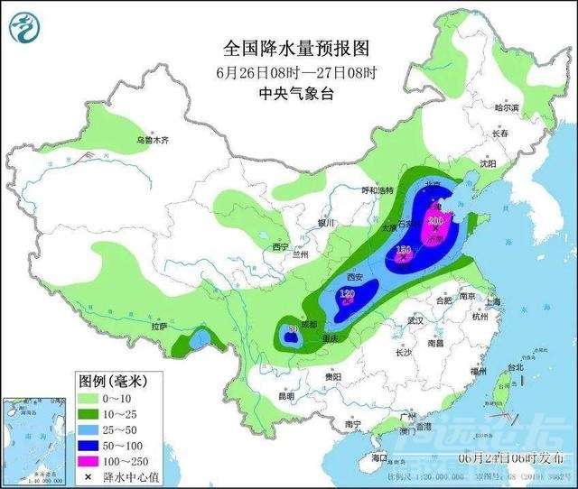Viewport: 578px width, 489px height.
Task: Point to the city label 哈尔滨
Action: pyautogui.click(x=507, y=107)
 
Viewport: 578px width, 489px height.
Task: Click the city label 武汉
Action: pyautogui.click(x=415, y=320)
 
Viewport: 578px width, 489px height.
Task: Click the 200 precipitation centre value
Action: pyautogui.click(x=436, y=219)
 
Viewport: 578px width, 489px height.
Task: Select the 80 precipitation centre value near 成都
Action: pyautogui.click(x=292, y=330)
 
